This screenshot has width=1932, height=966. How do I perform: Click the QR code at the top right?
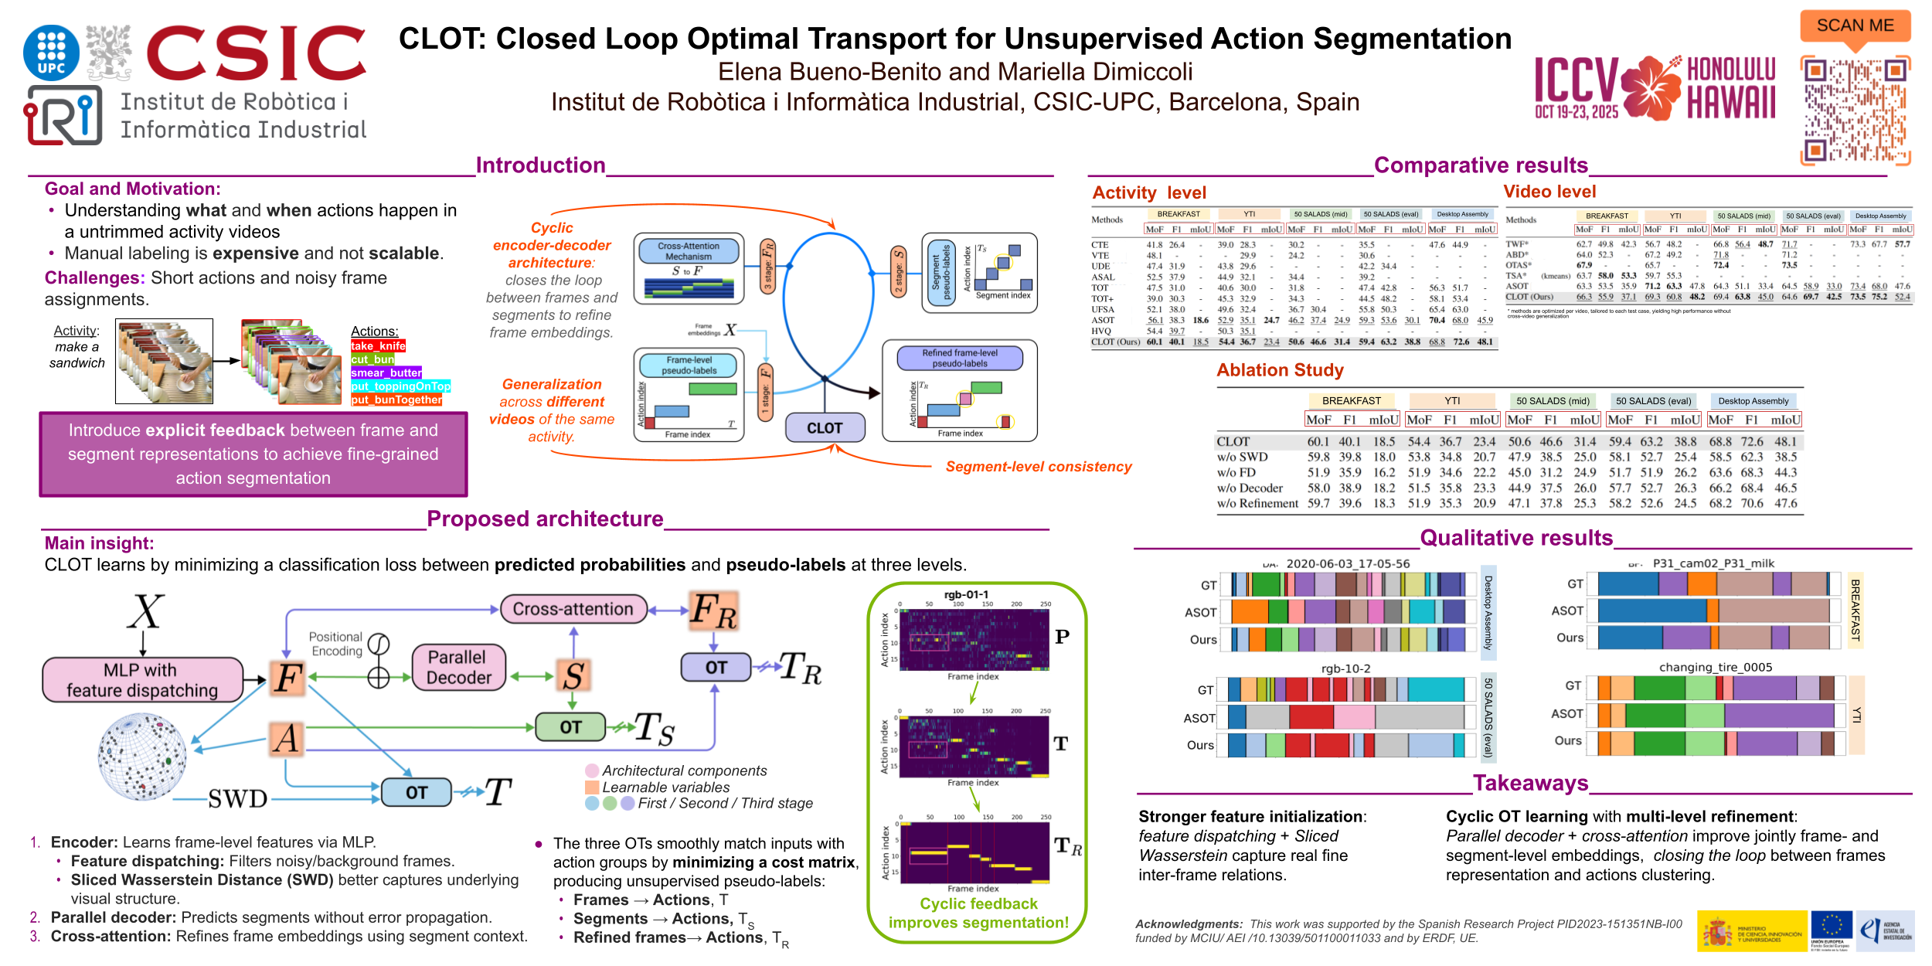coord(1855,111)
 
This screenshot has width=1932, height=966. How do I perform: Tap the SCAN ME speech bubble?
coord(1855,26)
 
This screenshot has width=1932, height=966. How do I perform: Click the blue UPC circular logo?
coord(51,53)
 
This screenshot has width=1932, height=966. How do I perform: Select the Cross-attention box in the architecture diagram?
coord(573,609)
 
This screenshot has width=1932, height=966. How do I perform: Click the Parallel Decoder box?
coord(458,667)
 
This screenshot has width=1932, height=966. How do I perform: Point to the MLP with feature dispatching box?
coord(142,680)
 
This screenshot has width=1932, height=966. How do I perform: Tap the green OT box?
coord(570,727)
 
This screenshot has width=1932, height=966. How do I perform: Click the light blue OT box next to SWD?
coord(416,792)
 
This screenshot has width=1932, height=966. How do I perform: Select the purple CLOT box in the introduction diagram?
coord(825,427)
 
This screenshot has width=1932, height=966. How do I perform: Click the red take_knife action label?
coord(378,346)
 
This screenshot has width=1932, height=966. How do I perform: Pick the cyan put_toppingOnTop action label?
coord(400,386)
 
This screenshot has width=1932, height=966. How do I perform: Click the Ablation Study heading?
coord(1280,370)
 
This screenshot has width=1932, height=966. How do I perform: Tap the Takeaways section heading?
coord(1530,783)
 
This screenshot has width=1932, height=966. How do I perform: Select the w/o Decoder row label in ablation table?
coord(1250,488)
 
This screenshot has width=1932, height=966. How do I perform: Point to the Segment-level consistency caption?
coord(1038,467)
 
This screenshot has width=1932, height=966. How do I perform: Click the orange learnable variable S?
coord(573,675)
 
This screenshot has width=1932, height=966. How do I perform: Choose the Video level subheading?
coord(1549,192)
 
